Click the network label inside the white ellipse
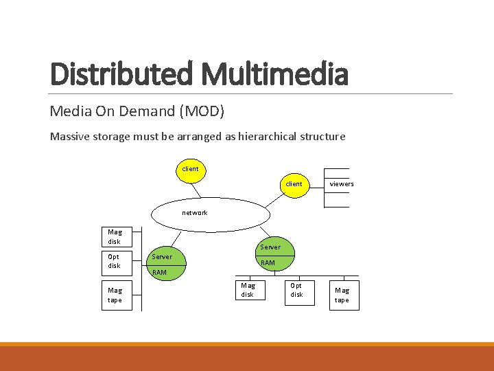tap(194, 212)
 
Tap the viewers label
tap(342, 183)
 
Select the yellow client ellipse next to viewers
tap(294, 184)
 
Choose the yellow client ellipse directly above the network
tap(190, 169)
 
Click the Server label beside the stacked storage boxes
tap(162, 256)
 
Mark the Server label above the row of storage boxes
tap(270, 247)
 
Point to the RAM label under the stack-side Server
tap(159, 272)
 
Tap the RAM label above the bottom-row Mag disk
tap(268, 262)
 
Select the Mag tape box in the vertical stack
tap(115, 295)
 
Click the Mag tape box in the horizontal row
tap(342, 295)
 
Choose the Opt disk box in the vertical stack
tap(115, 261)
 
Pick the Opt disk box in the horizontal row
tap(296, 290)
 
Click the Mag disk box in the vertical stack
tap(115, 236)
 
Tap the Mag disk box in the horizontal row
tap(248, 290)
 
